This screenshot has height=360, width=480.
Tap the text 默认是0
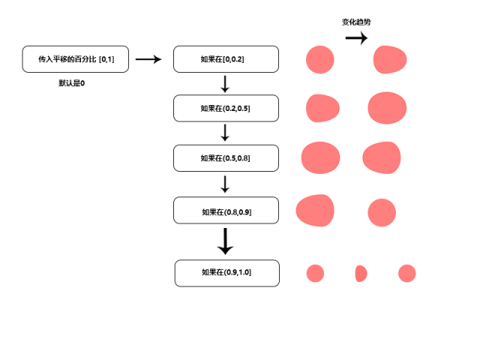pyautogui.click(x=71, y=83)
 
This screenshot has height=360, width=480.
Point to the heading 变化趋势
pyautogui.click(x=356, y=22)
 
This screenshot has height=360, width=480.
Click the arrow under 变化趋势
pyautogui.click(x=356, y=38)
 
